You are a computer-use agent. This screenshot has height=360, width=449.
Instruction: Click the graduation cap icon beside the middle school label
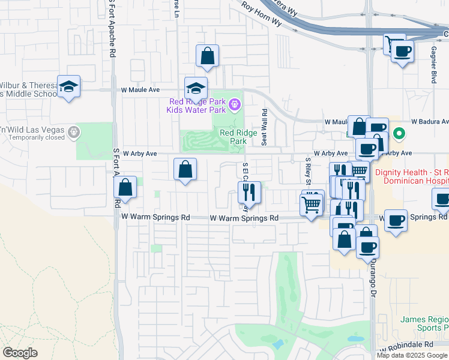[x=69, y=87]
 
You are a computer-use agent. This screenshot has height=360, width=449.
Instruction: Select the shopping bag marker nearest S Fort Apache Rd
[x=125, y=187]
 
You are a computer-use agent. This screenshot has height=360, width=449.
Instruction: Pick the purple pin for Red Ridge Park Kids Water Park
[x=234, y=106]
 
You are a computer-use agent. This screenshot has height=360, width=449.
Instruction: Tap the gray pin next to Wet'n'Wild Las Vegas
[x=74, y=131]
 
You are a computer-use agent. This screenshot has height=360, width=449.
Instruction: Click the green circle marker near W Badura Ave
[x=397, y=133]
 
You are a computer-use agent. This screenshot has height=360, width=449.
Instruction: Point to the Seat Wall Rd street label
[x=264, y=127]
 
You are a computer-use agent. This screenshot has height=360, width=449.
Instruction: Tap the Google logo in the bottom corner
[x=20, y=353]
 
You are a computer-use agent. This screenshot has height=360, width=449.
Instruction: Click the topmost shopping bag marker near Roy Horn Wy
[x=207, y=56]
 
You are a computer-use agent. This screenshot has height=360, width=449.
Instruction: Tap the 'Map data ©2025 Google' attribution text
[x=412, y=355]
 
